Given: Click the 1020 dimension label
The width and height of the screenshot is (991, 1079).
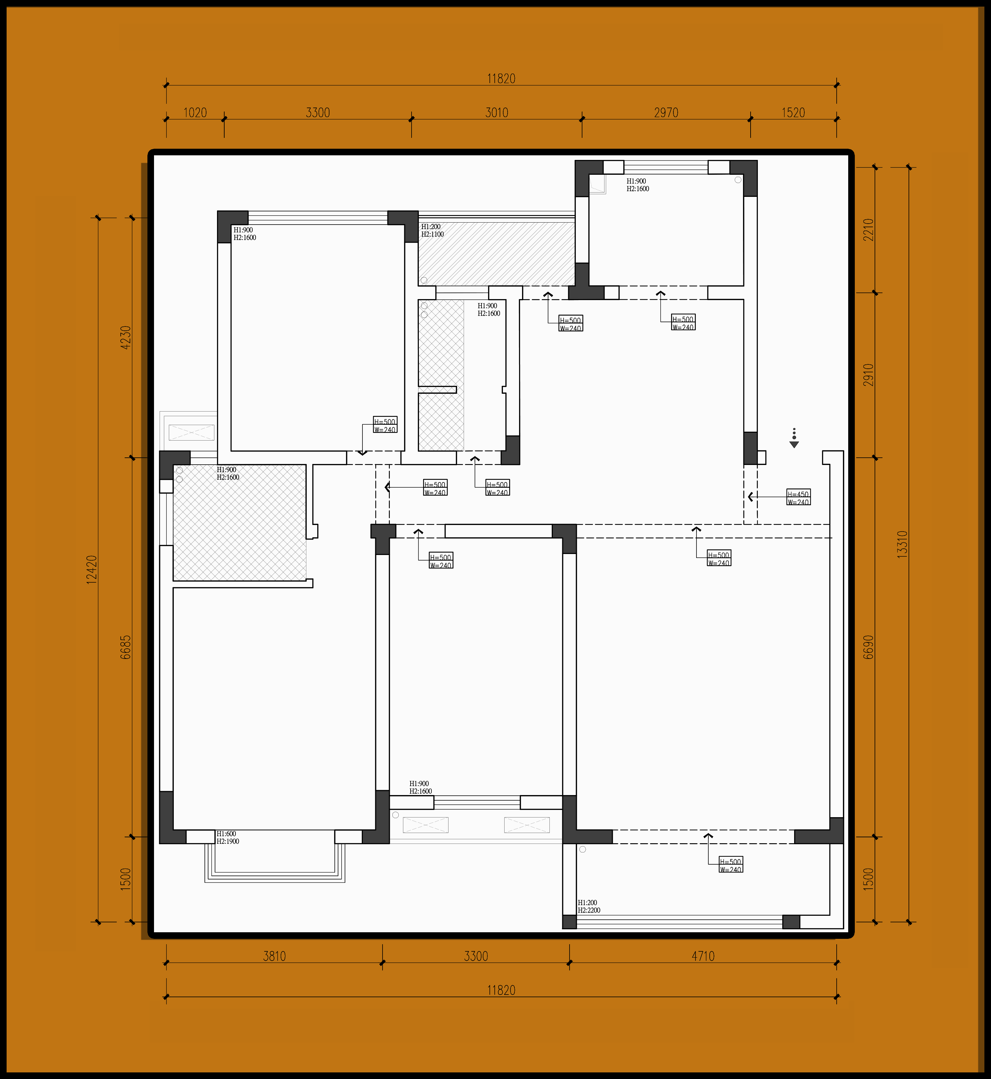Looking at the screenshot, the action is pos(195,113).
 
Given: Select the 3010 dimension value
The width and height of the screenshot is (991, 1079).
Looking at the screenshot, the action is pos(497,113).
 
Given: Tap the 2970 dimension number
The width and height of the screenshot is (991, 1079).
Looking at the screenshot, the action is pos(666,113).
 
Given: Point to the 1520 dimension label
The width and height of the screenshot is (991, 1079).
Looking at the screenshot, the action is pos(793,113).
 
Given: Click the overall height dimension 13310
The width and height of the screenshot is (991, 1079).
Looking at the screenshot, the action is pos(903,544).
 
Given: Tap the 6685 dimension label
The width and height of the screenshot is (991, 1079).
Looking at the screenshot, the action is pos(126,647).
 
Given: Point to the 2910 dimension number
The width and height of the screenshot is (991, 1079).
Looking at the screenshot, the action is pos(868,375).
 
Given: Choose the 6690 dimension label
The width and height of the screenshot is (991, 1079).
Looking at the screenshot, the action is pos(868,647).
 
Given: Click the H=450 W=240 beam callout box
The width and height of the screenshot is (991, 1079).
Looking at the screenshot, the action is pos(798,498).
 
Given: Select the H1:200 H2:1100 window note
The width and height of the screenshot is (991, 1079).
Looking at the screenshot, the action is pos(432,231).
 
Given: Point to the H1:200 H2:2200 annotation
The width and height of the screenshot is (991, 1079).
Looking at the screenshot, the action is pos(589,906).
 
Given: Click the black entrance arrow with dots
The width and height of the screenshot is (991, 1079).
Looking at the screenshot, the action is pos(794,438).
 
